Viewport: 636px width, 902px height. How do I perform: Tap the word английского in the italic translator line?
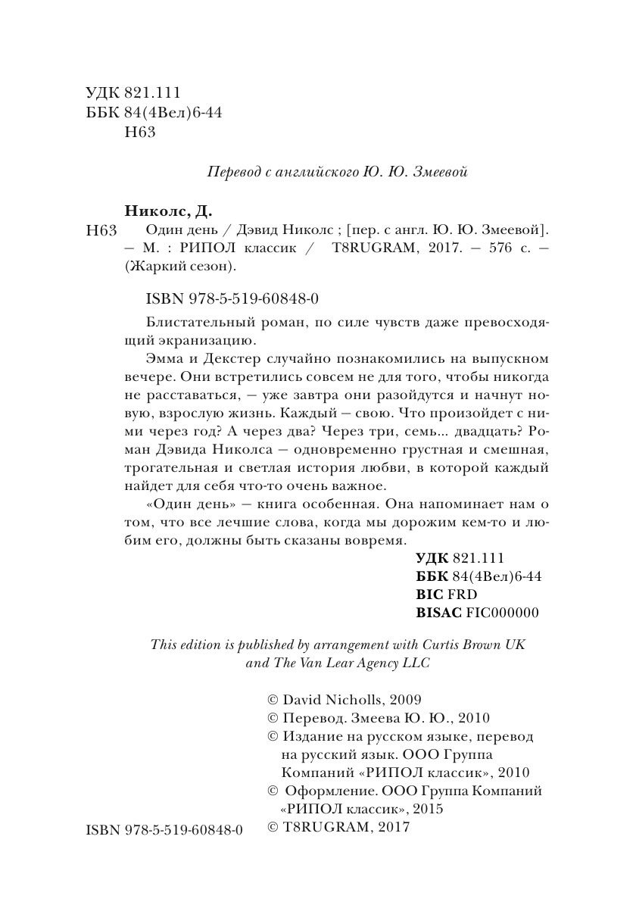313,172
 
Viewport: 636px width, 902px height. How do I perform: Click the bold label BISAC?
439,612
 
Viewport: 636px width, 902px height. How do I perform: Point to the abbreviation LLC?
413,663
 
